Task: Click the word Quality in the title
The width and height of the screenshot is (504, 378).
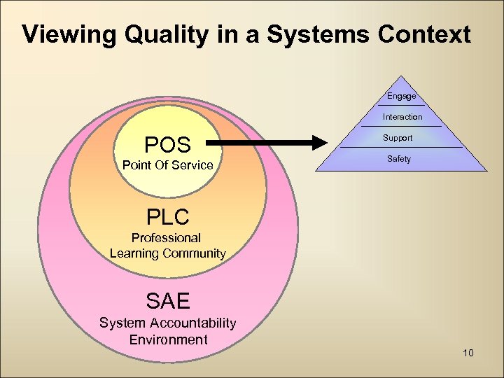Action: [155, 34]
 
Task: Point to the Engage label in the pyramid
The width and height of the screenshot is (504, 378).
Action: [402, 96]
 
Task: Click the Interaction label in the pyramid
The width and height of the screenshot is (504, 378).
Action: [402, 117]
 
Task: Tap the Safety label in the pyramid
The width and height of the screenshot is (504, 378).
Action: [399, 159]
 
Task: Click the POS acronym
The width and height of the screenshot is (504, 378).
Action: [167, 145]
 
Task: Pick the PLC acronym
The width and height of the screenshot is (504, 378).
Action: [168, 216]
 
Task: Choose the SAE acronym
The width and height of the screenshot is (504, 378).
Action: [168, 301]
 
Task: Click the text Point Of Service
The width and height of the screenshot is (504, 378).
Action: [167, 165]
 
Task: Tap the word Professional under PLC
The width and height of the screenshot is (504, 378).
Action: [167, 238]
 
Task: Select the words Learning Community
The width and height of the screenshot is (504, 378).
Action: [168, 253]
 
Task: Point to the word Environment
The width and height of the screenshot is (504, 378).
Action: [168, 339]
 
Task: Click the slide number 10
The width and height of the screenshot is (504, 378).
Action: [468, 353]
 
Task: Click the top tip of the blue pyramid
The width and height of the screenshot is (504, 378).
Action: [400, 76]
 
